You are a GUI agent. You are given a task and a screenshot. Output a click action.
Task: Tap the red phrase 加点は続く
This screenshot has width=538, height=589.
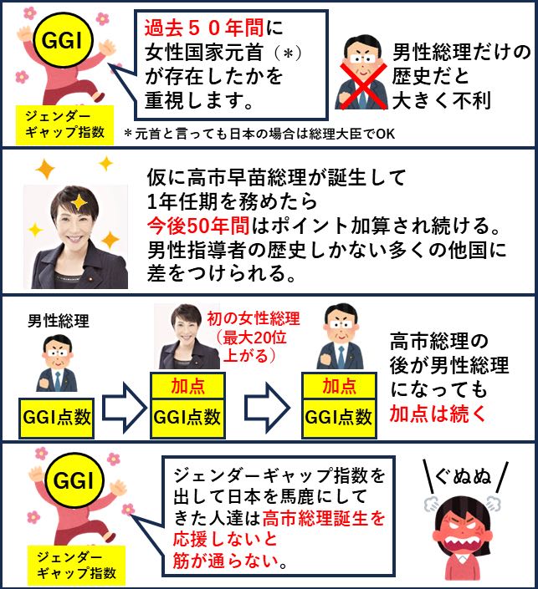click(x=435, y=412)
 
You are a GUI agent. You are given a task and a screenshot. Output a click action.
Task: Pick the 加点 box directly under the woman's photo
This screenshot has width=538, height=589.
click(x=188, y=387)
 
